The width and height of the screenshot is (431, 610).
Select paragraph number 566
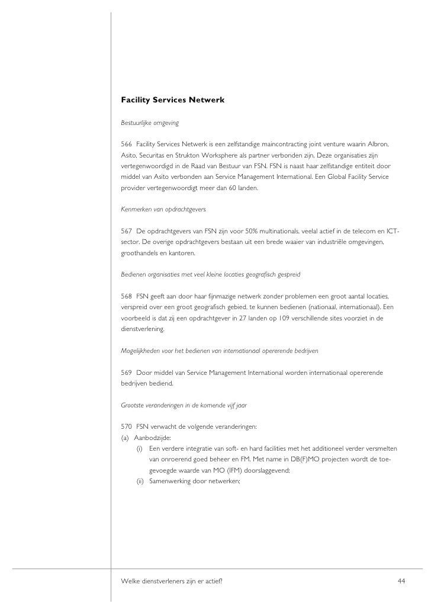click(126, 145)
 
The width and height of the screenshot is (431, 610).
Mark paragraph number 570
click(126, 427)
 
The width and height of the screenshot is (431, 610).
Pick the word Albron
click(376, 145)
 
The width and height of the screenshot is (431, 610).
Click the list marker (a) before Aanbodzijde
click(124, 438)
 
